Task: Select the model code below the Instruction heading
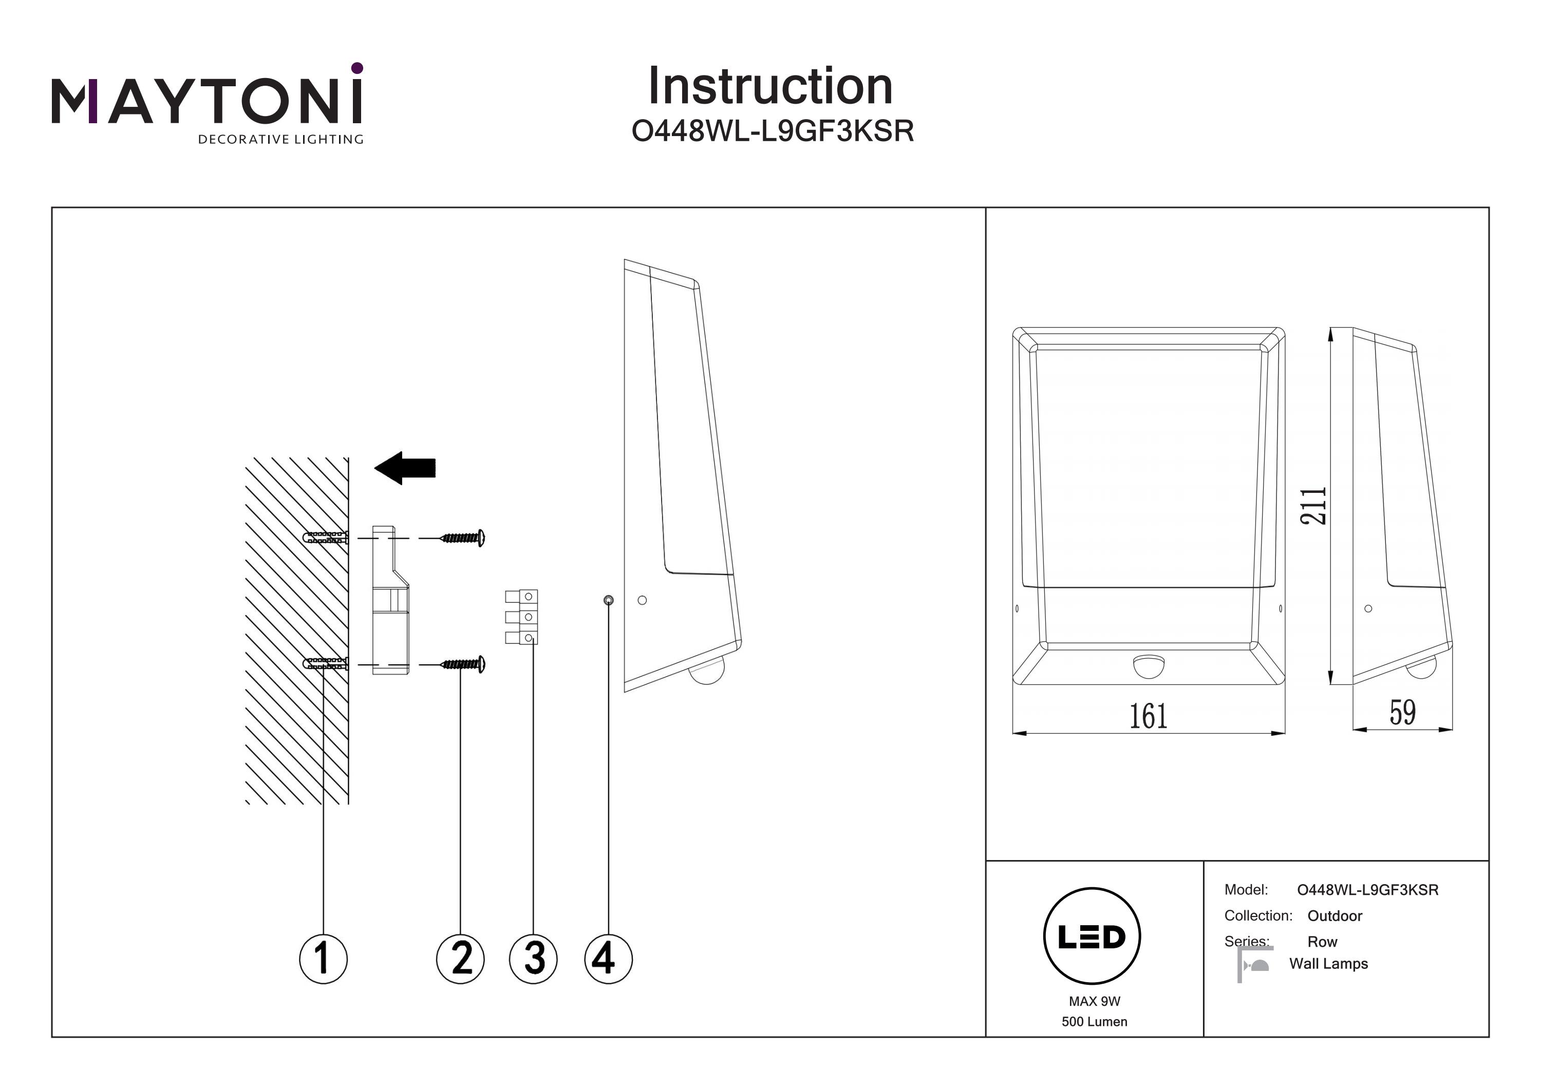click(x=773, y=131)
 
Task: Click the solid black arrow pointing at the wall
click(x=405, y=468)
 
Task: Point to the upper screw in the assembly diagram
click(x=463, y=538)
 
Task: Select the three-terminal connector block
click(x=521, y=617)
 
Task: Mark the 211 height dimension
click(x=1313, y=505)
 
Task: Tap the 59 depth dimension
click(x=1402, y=712)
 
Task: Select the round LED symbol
click(x=1092, y=936)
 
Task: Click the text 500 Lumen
click(x=1094, y=1021)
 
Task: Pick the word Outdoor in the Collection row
click(x=1335, y=916)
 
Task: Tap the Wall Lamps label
click(x=1328, y=964)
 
